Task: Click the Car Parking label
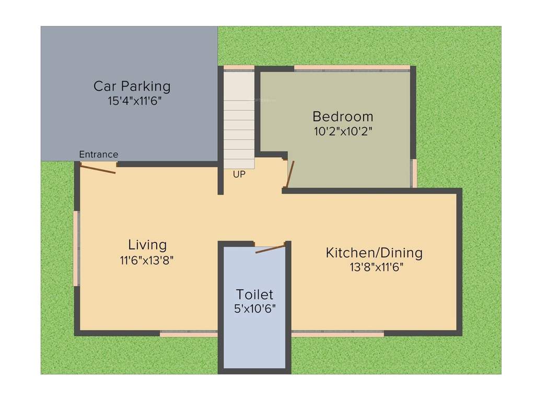click(x=132, y=86)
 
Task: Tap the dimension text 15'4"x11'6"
click(x=135, y=101)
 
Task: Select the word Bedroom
click(x=343, y=116)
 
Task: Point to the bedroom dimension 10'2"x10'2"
click(x=343, y=131)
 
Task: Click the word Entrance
click(x=98, y=155)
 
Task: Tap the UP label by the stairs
click(x=239, y=175)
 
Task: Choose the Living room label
click(x=147, y=244)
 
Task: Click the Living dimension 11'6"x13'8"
click(x=146, y=260)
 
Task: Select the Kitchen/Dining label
click(x=374, y=253)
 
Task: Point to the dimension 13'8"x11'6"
click(x=377, y=268)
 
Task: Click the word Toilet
click(x=254, y=294)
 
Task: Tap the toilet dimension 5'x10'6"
click(x=255, y=309)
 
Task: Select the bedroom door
click(x=289, y=174)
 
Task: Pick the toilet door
click(x=271, y=247)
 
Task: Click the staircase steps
click(x=239, y=120)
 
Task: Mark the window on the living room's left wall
click(x=76, y=248)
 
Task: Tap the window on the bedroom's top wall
click(x=352, y=68)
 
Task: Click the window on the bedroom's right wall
click(x=414, y=173)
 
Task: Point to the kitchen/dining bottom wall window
click(x=338, y=333)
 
